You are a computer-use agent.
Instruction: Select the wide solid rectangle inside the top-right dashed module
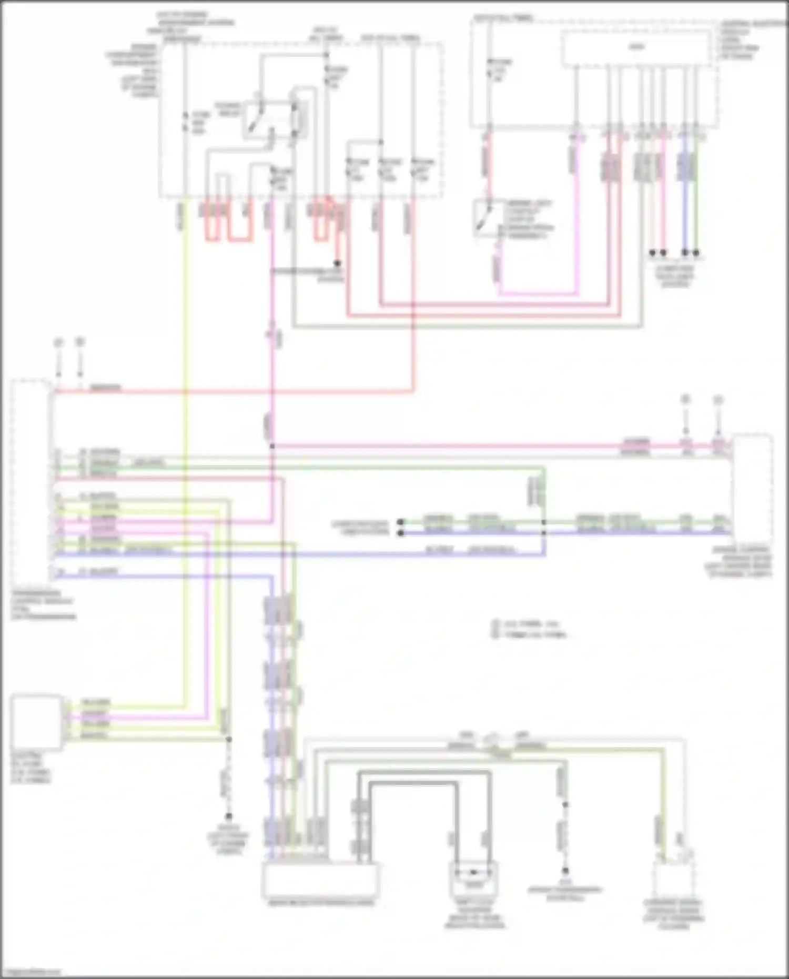tap(636, 48)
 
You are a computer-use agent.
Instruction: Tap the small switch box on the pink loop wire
tap(487, 218)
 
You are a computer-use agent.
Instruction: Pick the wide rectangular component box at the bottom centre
tap(321, 880)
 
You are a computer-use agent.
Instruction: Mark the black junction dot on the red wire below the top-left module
tap(338, 263)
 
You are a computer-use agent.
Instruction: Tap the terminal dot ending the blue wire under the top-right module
tap(685, 253)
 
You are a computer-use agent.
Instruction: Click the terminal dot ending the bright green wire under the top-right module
tap(696, 253)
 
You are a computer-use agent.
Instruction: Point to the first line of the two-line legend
tap(531, 624)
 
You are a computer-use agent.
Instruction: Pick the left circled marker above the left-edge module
tap(58, 342)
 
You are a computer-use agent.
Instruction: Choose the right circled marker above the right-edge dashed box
tap(719, 400)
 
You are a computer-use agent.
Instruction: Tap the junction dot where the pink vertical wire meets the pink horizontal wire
tap(272, 446)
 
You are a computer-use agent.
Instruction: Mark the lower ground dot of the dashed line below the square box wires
tap(229, 817)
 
